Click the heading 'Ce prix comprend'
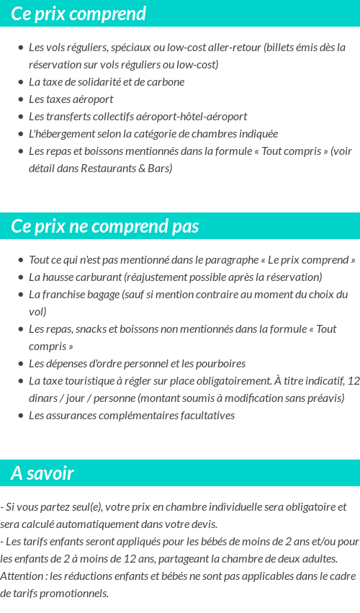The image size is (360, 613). (x=78, y=14)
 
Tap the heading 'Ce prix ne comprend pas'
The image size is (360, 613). (x=104, y=226)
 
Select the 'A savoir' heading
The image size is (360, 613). (x=42, y=473)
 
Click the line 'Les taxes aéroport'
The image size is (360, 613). (x=71, y=99)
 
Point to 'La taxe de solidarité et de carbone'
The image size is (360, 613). (x=107, y=81)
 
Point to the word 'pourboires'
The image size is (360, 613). (x=221, y=363)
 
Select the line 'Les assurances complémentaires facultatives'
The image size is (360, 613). (x=132, y=415)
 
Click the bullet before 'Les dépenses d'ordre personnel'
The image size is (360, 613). (x=20, y=364)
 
